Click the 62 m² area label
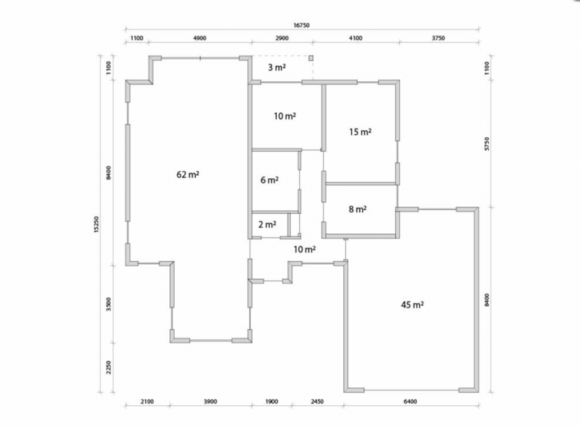coord(188,174)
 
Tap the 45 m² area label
coord(412,305)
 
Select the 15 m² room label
coord(360,132)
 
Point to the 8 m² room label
coord(358,209)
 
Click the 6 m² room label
coord(270,180)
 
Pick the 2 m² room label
coord(267,225)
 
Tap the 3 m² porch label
coord(277,67)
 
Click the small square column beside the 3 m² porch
coord(311,58)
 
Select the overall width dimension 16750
coord(302,26)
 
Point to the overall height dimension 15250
coord(97,225)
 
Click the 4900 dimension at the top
coord(200,38)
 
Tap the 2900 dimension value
coord(281,38)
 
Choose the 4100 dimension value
coord(356,38)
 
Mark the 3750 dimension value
coord(438,38)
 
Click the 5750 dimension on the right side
coord(486,144)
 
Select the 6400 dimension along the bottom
coord(410,401)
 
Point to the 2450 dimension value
coord(317,401)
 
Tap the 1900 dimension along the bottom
coord(271,401)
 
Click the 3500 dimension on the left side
coord(108,304)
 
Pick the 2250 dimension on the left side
coord(108,367)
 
